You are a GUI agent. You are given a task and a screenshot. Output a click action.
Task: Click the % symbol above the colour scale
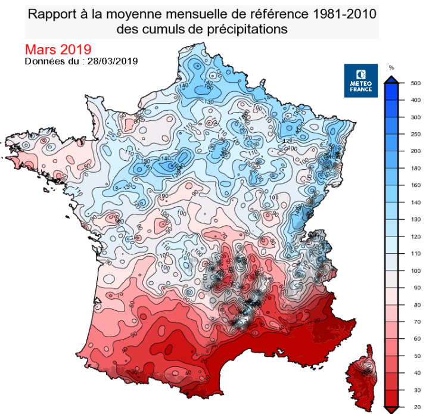pyautogui.click(x=391, y=67)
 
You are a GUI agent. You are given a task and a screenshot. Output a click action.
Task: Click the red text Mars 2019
pyautogui.click(x=58, y=49)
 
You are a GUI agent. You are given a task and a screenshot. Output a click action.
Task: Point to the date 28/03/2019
pyautogui.click(x=113, y=61)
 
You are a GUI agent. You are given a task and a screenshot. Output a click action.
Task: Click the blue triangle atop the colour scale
pyautogui.click(x=391, y=80)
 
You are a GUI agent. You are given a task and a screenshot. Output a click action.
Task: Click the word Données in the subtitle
pyautogui.click(x=45, y=61)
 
